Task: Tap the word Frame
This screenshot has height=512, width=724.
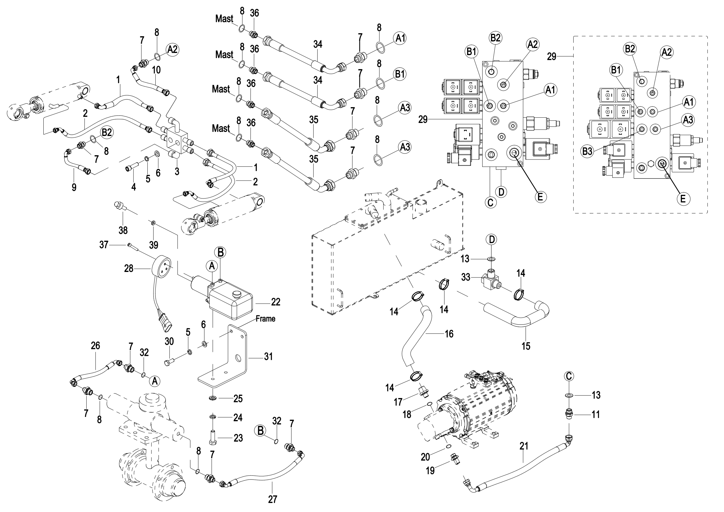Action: (265, 319)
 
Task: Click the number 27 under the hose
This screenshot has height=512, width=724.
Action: (272, 499)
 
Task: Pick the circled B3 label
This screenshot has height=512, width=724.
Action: (587, 151)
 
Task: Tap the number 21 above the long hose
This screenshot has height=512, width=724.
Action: (524, 446)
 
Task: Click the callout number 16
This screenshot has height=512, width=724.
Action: (449, 334)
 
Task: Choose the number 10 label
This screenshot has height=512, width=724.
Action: (156, 70)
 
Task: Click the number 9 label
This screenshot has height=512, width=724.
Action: (74, 188)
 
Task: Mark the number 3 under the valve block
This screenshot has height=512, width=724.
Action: (177, 171)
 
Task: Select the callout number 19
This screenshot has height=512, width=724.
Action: (430, 471)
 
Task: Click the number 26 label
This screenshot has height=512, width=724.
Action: (95, 345)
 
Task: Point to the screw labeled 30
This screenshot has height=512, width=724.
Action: (169, 362)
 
